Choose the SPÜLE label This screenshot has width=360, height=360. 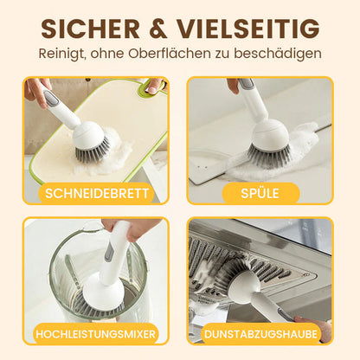point(259,192)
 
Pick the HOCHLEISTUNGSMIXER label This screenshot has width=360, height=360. point(96,333)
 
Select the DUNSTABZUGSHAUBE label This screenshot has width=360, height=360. point(259,333)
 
